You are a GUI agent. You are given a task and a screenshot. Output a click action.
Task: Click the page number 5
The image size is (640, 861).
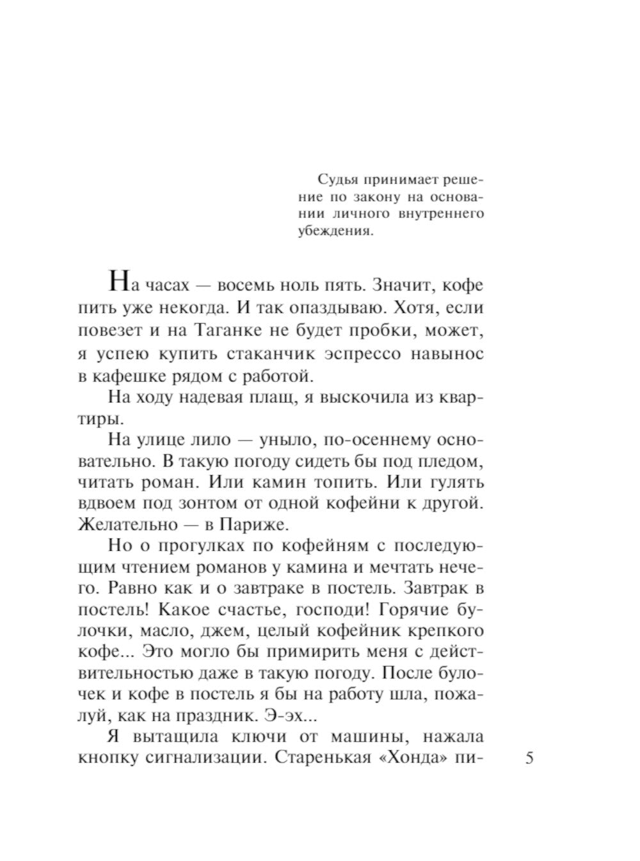coord(529,759)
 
